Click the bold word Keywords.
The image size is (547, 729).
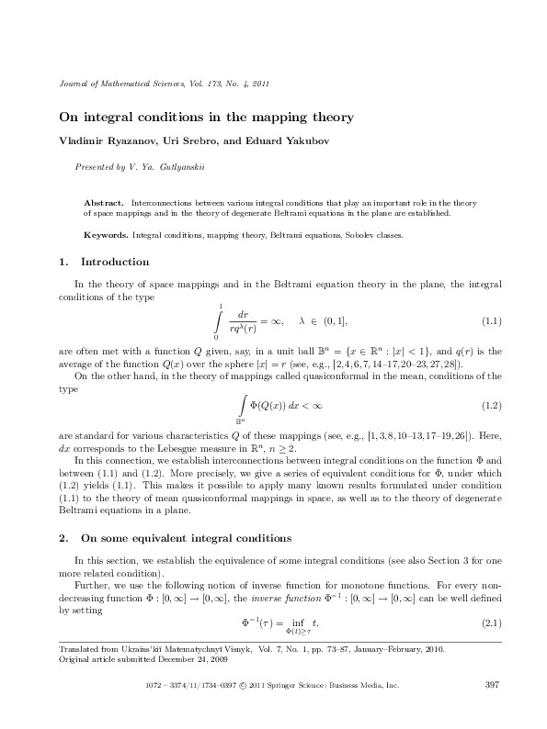pos(106,235)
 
